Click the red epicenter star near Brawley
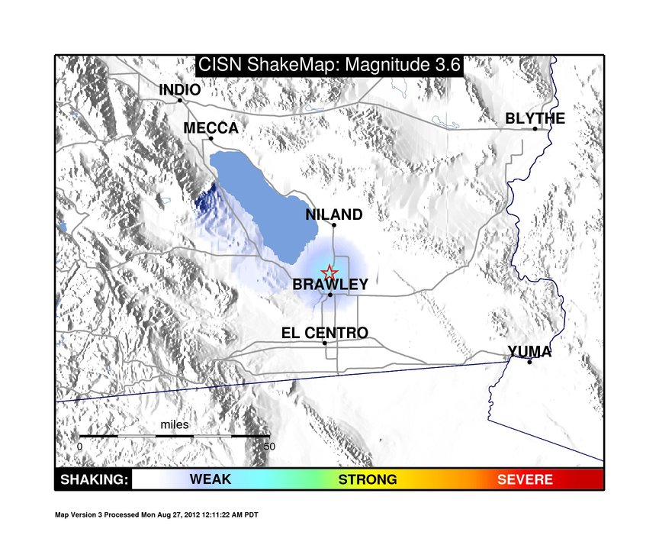[329, 273]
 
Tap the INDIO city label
[179, 89]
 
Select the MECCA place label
[211, 127]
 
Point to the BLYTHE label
[535, 118]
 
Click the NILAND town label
[334, 214]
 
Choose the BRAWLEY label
[330, 284]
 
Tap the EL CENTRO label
[325, 333]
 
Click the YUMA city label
[529, 352]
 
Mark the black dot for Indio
[180, 100]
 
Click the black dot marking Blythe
[535, 129]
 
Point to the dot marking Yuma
[529, 362]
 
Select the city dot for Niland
[334, 225]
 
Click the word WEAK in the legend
[211, 479]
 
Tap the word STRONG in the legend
[368, 479]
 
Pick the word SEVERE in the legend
[525, 479]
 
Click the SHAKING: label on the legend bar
[94, 479]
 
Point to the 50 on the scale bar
[269, 447]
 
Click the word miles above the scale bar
[175, 424]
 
